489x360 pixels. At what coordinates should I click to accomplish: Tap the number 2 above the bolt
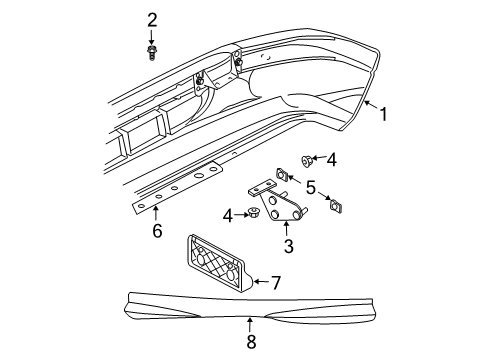(x=152, y=19)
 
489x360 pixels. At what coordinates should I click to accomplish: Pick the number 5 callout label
(x=311, y=186)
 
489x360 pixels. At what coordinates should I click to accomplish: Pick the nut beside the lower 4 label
(x=257, y=213)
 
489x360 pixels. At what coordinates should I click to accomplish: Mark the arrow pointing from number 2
(x=152, y=35)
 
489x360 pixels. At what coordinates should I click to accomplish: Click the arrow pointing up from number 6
(x=156, y=215)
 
